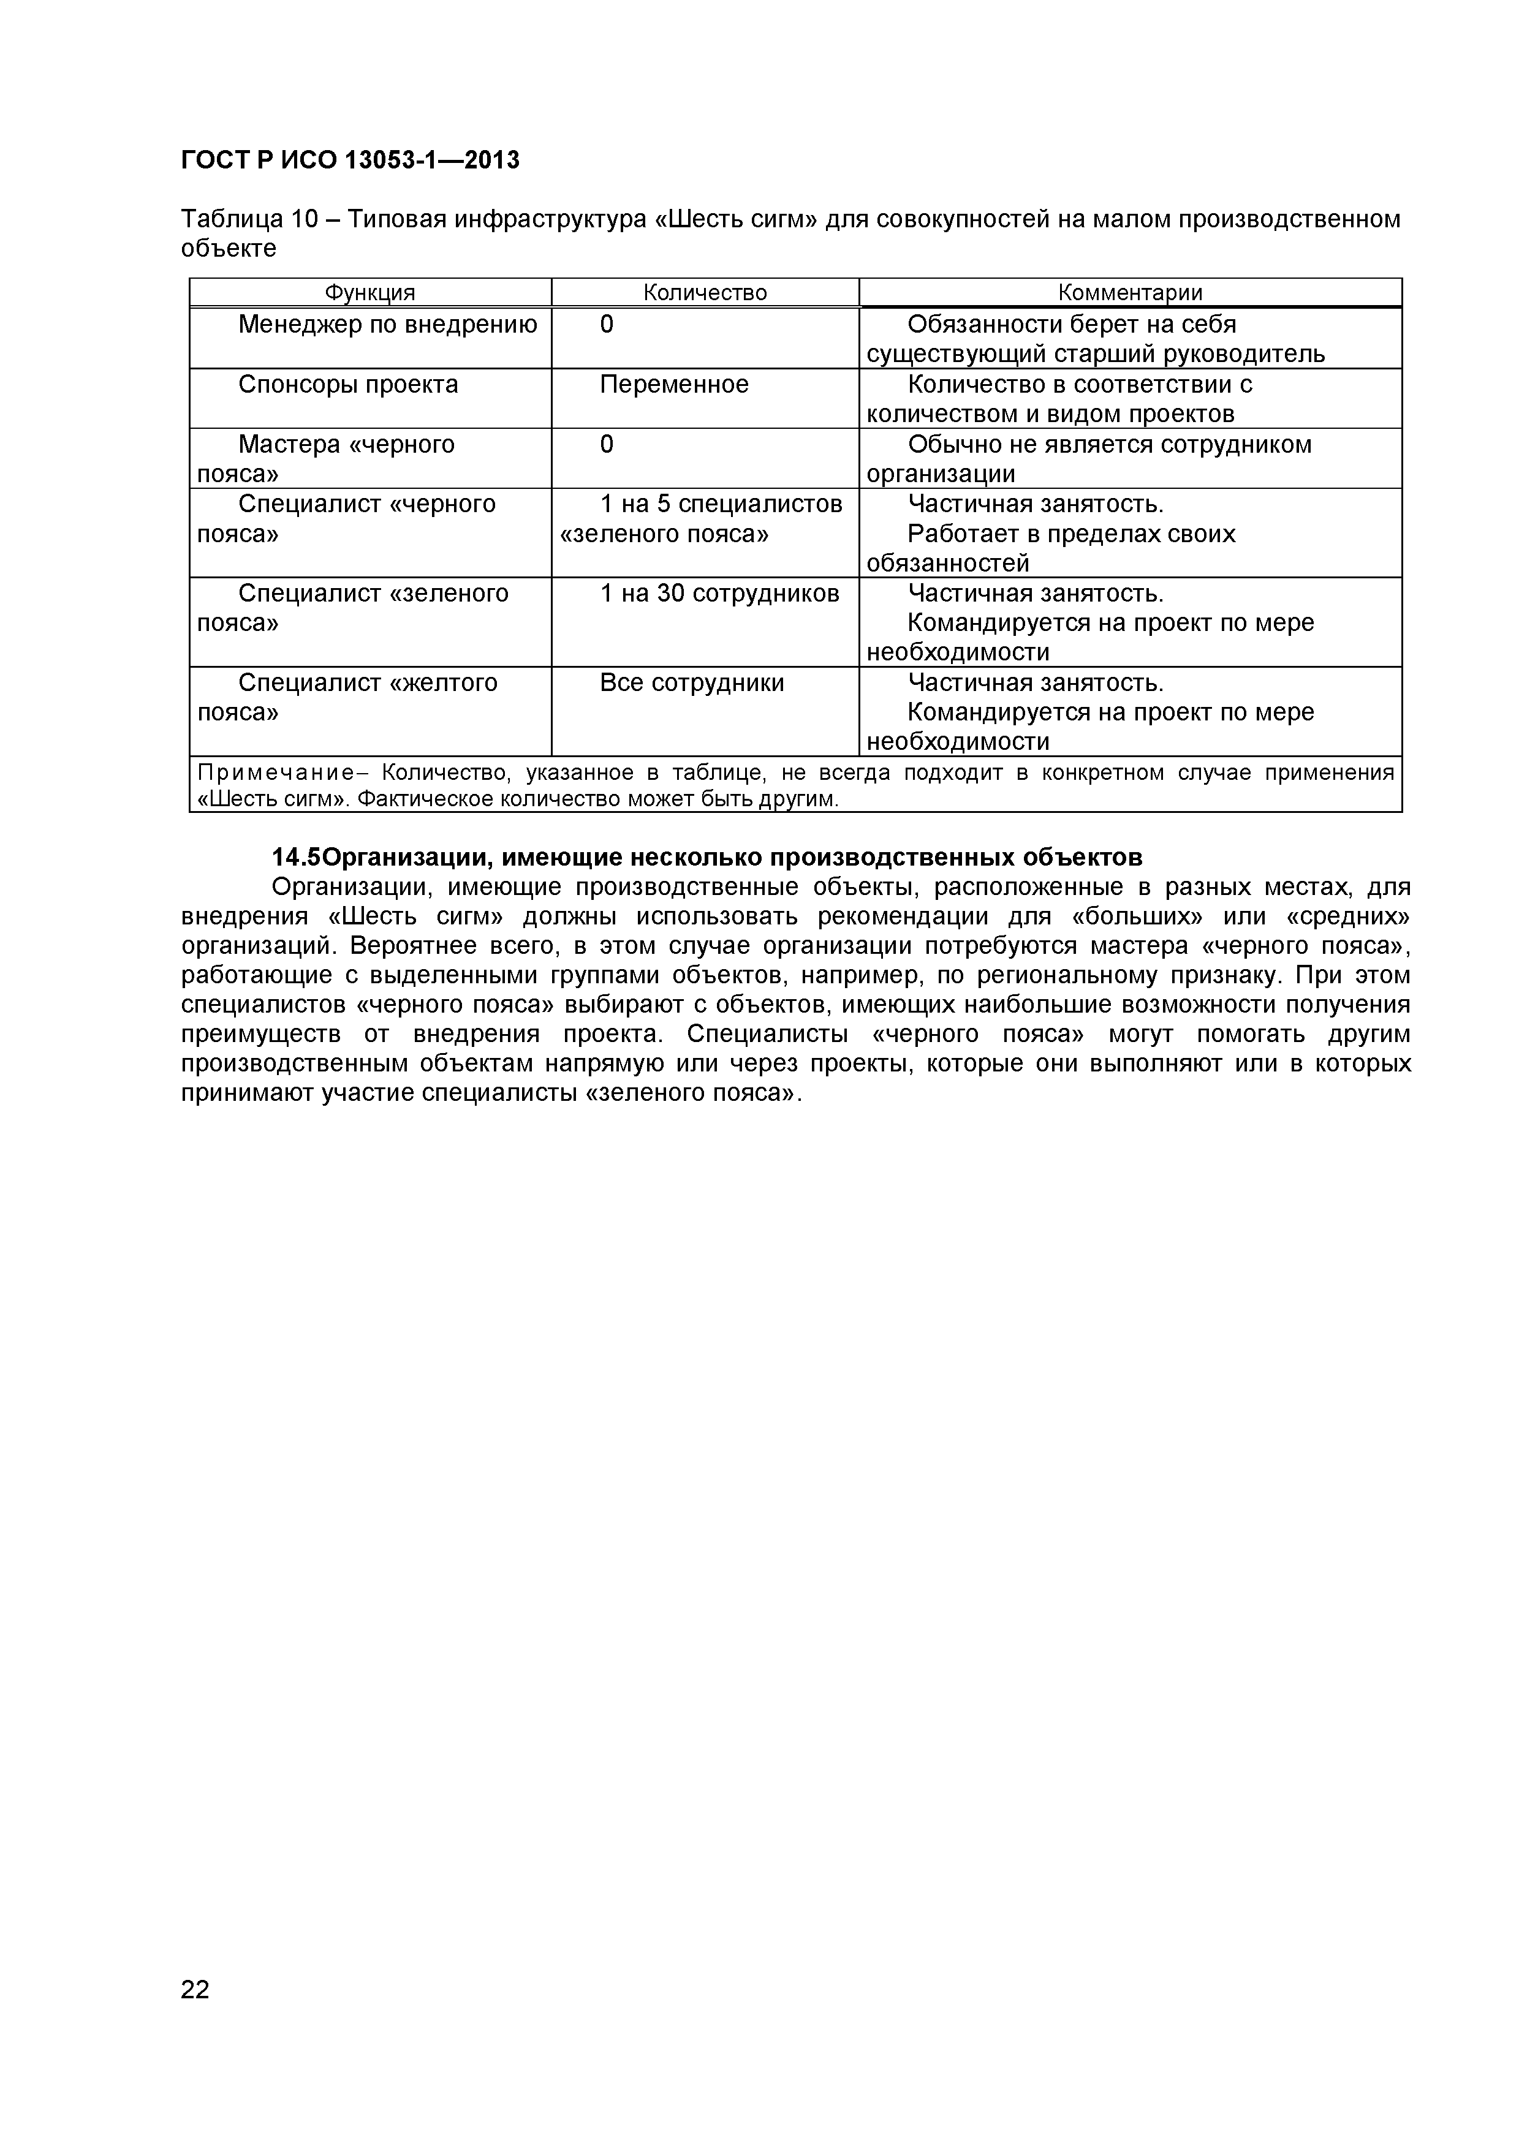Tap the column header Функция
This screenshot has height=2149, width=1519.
[369, 293]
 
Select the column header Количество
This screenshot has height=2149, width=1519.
[705, 293]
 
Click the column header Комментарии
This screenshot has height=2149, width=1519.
[1130, 293]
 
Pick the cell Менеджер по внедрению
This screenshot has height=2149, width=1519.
[387, 325]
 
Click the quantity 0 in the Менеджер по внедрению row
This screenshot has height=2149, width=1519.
[607, 325]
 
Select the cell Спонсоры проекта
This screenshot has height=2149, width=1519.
[348, 385]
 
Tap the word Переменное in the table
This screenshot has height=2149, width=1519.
[674, 385]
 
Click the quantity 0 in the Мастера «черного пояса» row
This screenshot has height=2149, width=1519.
[607, 445]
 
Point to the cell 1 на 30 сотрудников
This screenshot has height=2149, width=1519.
[719, 594]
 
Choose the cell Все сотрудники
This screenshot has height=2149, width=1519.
[692, 683]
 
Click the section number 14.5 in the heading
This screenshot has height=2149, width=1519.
[297, 858]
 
